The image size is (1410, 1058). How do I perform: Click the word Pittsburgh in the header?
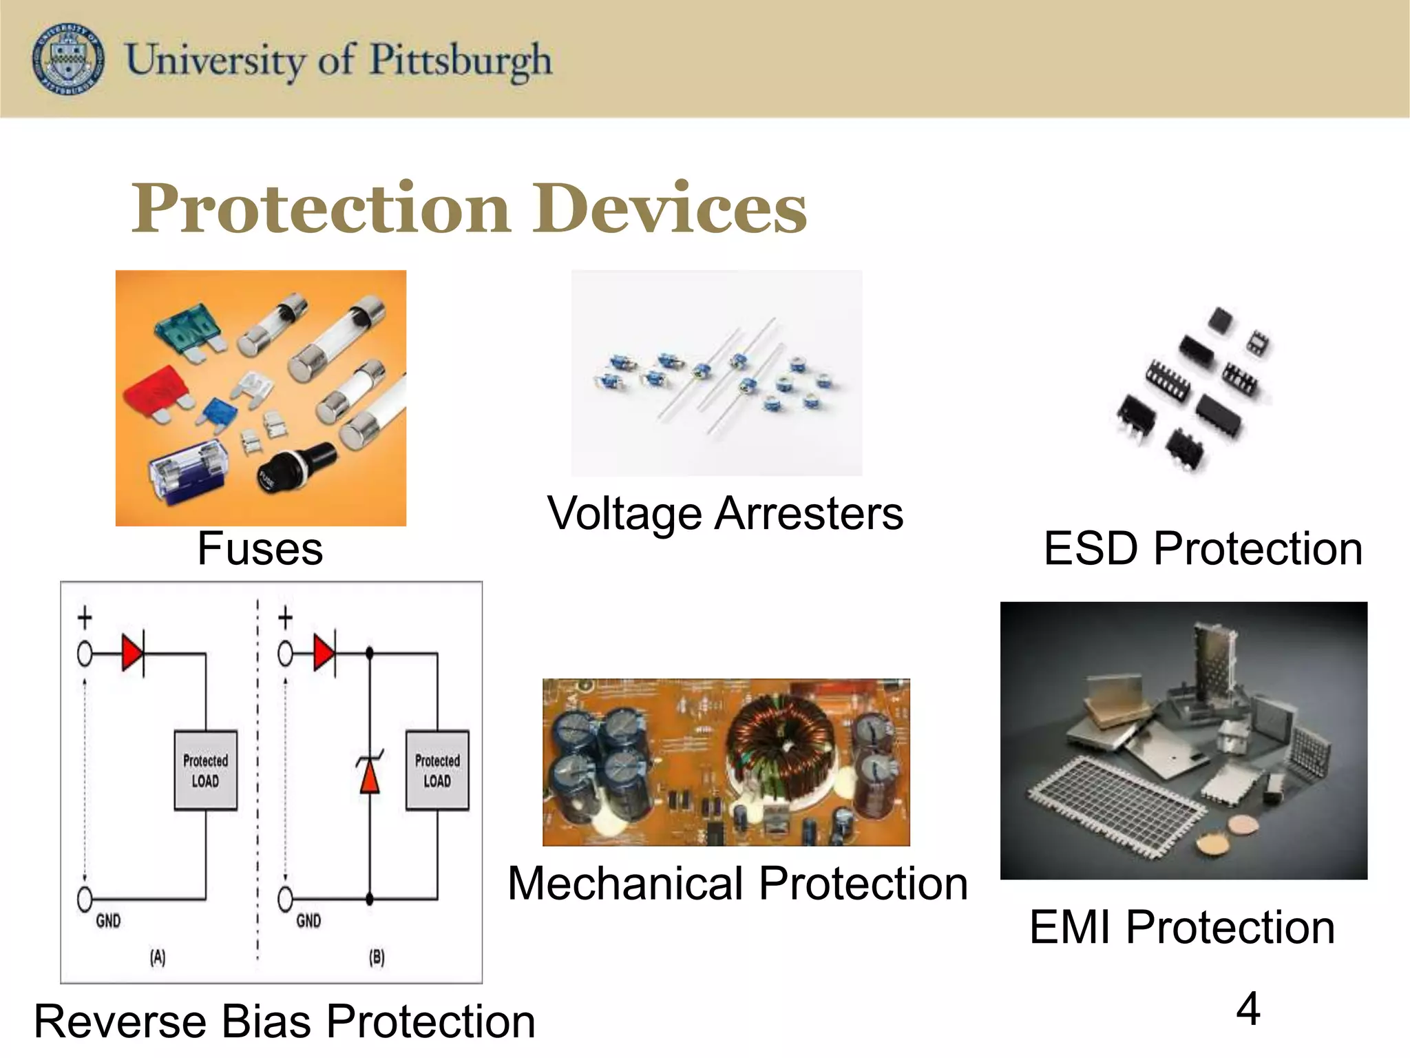tap(461, 61)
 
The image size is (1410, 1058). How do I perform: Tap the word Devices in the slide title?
tap(677, 209)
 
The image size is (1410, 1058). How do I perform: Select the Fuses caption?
tap(260, 549)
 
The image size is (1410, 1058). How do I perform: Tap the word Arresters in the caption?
tap(808, 514)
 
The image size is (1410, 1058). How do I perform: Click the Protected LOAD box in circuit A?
tap(205, 770)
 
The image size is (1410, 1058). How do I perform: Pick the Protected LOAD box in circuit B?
tap(437, 770)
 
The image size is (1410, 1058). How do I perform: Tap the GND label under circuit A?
tap(108, 921)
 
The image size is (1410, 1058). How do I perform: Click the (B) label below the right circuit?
tap(377, 957)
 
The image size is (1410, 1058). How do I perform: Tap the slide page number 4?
tap(1248, 1009)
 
